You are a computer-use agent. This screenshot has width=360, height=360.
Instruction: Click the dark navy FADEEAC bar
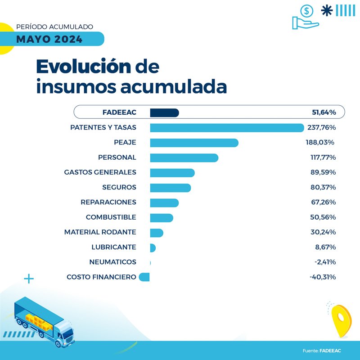[x=164, y=112]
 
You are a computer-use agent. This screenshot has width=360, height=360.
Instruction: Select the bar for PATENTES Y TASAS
[x=227, y=128]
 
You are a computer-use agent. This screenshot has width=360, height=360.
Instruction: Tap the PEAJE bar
[x=194, y=143]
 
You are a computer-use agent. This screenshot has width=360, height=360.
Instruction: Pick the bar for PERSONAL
[x=184, y=157]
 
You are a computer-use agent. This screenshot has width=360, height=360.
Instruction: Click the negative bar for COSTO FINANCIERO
[x=144, y=277]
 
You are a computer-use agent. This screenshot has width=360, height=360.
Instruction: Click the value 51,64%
[x=324, y=112]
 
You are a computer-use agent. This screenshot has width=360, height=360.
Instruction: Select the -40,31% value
[x=323, y=277]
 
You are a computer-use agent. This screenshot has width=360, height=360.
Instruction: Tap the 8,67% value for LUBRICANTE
[x=325, y=247]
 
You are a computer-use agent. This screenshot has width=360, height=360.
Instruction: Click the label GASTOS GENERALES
[x=100, y=172]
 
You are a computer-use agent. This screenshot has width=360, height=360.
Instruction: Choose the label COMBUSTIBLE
[x=111, y=217]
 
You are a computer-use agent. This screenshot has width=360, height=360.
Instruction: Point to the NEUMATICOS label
[x=113, y=262]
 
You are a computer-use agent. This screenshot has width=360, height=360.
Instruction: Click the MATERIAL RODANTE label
[x=100, y=232]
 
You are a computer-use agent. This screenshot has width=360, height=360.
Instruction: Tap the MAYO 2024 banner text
[x=49, y=39]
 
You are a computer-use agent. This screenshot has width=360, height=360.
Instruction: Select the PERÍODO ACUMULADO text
[x=54, y=27]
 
